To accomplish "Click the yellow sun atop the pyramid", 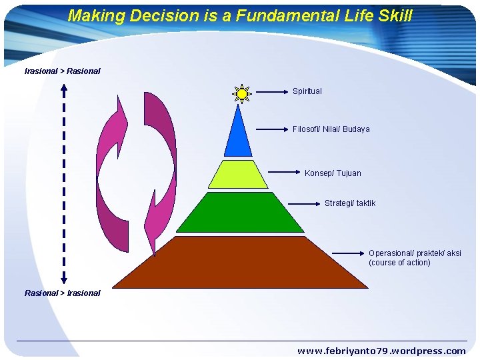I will coord(241,94).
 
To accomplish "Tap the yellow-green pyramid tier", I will coord(237,175).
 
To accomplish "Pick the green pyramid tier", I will coord(240,213).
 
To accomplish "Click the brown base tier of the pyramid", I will coord(240,263).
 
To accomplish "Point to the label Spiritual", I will coord(307,91).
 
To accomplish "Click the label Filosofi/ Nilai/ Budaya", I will coord(331,129).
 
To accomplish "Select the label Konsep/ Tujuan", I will coord(333,173).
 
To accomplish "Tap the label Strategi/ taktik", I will coord(350,203).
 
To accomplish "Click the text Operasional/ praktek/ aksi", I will coord(415,253).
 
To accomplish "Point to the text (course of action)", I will coord(399,263).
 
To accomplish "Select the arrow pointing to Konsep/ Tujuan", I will coord(285,171).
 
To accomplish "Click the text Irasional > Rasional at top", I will coord(62,71).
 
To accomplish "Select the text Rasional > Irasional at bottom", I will coord(62,293).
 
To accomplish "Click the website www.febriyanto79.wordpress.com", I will coord(381,351).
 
